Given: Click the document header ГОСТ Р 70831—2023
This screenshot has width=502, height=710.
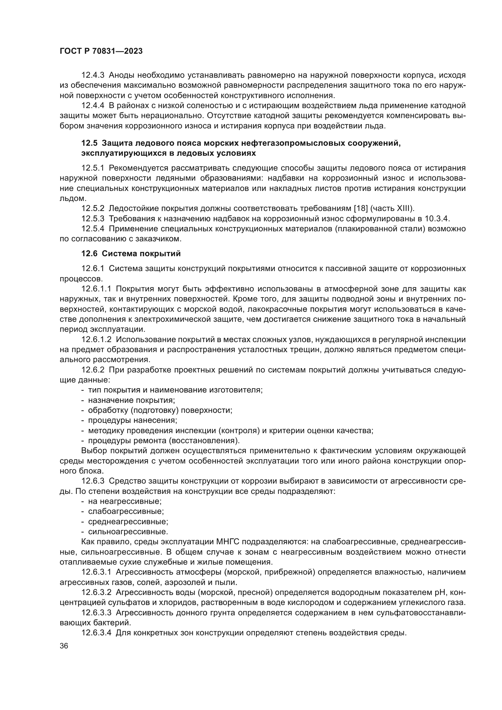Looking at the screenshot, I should click(x=101, y=51).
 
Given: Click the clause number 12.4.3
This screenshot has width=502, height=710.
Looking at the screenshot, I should click(x=93, y=75).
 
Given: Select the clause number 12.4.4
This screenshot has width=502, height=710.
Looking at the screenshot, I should click(x=93, y=105).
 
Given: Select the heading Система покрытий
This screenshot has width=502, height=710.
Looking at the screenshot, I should click(x=141, y=254).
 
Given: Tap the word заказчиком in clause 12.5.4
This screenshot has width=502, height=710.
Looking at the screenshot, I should click(x=158, y=239).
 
